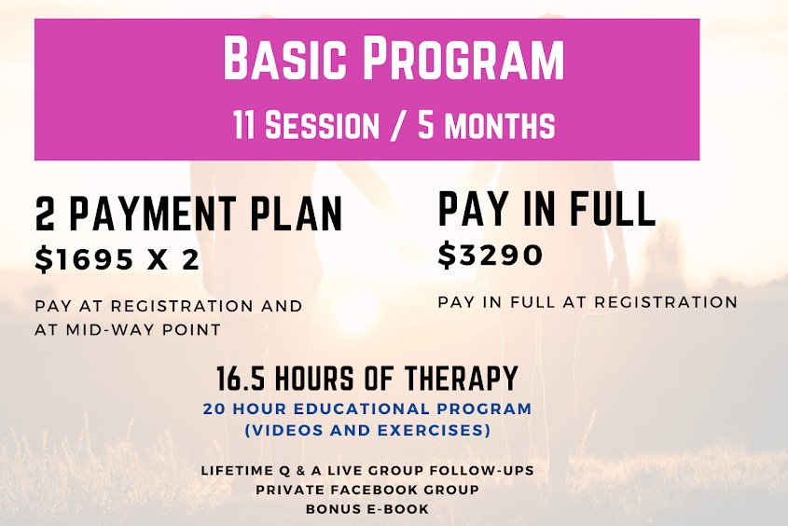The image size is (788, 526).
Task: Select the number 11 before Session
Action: pyautogui.click(x=243, y=125)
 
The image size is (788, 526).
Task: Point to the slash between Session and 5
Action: pyautogui.click(x=398, y=125)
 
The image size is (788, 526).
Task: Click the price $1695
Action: pyautogui.click(x=84, y=259)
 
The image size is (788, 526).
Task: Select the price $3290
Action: pyautogui.click(x=491, y=255)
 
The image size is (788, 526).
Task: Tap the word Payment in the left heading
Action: pyautogui.click(x=152, y=214)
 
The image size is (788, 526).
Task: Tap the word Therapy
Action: pyautogui.click(x=461, y=379)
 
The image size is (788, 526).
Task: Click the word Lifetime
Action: pyautogui.click(x=235, y=471)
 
